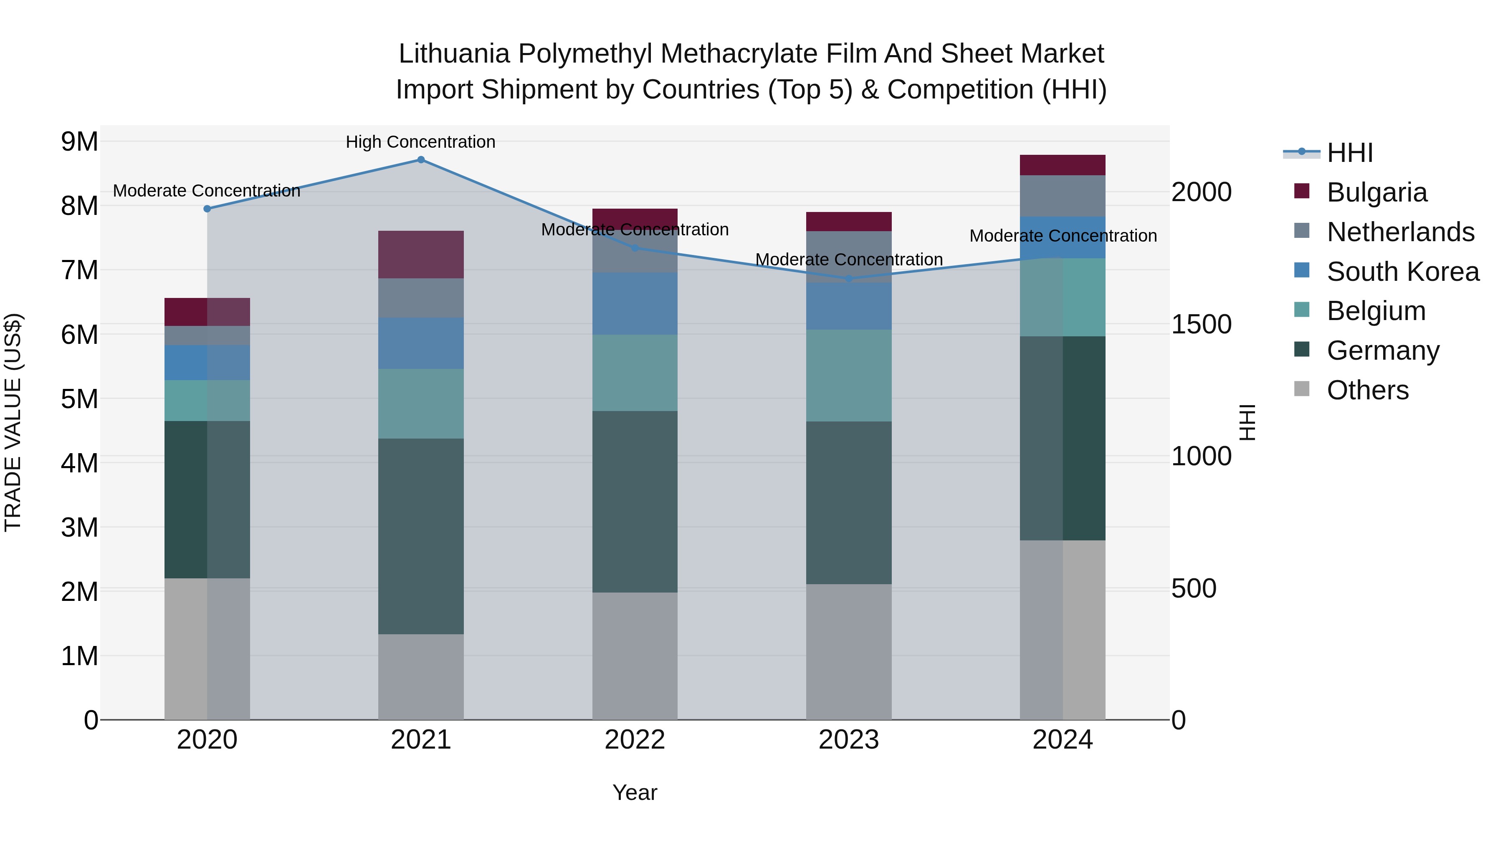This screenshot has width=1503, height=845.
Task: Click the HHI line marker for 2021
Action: [421, 160]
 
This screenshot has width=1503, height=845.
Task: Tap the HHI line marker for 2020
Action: [207, 209]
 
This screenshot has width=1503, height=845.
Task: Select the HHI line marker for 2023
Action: [849, 279]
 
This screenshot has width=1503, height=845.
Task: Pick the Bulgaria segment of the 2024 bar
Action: [1063, 165]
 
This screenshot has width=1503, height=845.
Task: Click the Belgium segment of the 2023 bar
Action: [849, 376]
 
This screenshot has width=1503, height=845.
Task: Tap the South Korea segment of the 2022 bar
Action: [635, 303]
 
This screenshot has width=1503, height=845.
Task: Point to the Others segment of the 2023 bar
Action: [849, 651]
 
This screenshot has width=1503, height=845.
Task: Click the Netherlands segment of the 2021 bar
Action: [421, 298]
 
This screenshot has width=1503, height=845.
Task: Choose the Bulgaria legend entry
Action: [1376, 192]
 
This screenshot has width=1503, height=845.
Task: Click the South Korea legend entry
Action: [1403, 272]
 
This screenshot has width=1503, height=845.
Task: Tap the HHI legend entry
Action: [1349, 153]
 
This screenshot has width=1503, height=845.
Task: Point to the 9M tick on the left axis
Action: [79, 142]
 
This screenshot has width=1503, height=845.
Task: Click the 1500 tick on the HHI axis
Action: [1201, 324]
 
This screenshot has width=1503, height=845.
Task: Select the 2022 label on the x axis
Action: [635, 740]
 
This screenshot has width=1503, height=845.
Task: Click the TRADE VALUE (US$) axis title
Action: [13, 422]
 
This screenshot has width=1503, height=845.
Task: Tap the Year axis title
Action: [635, 792]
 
